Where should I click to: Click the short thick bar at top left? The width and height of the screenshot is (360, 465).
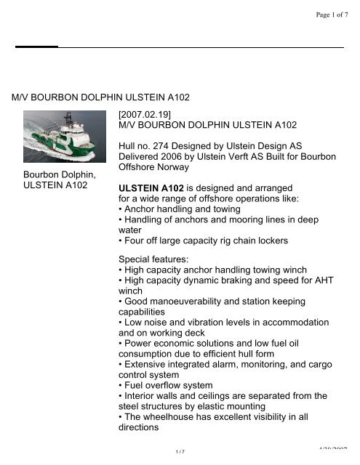[x=36, y=46]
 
